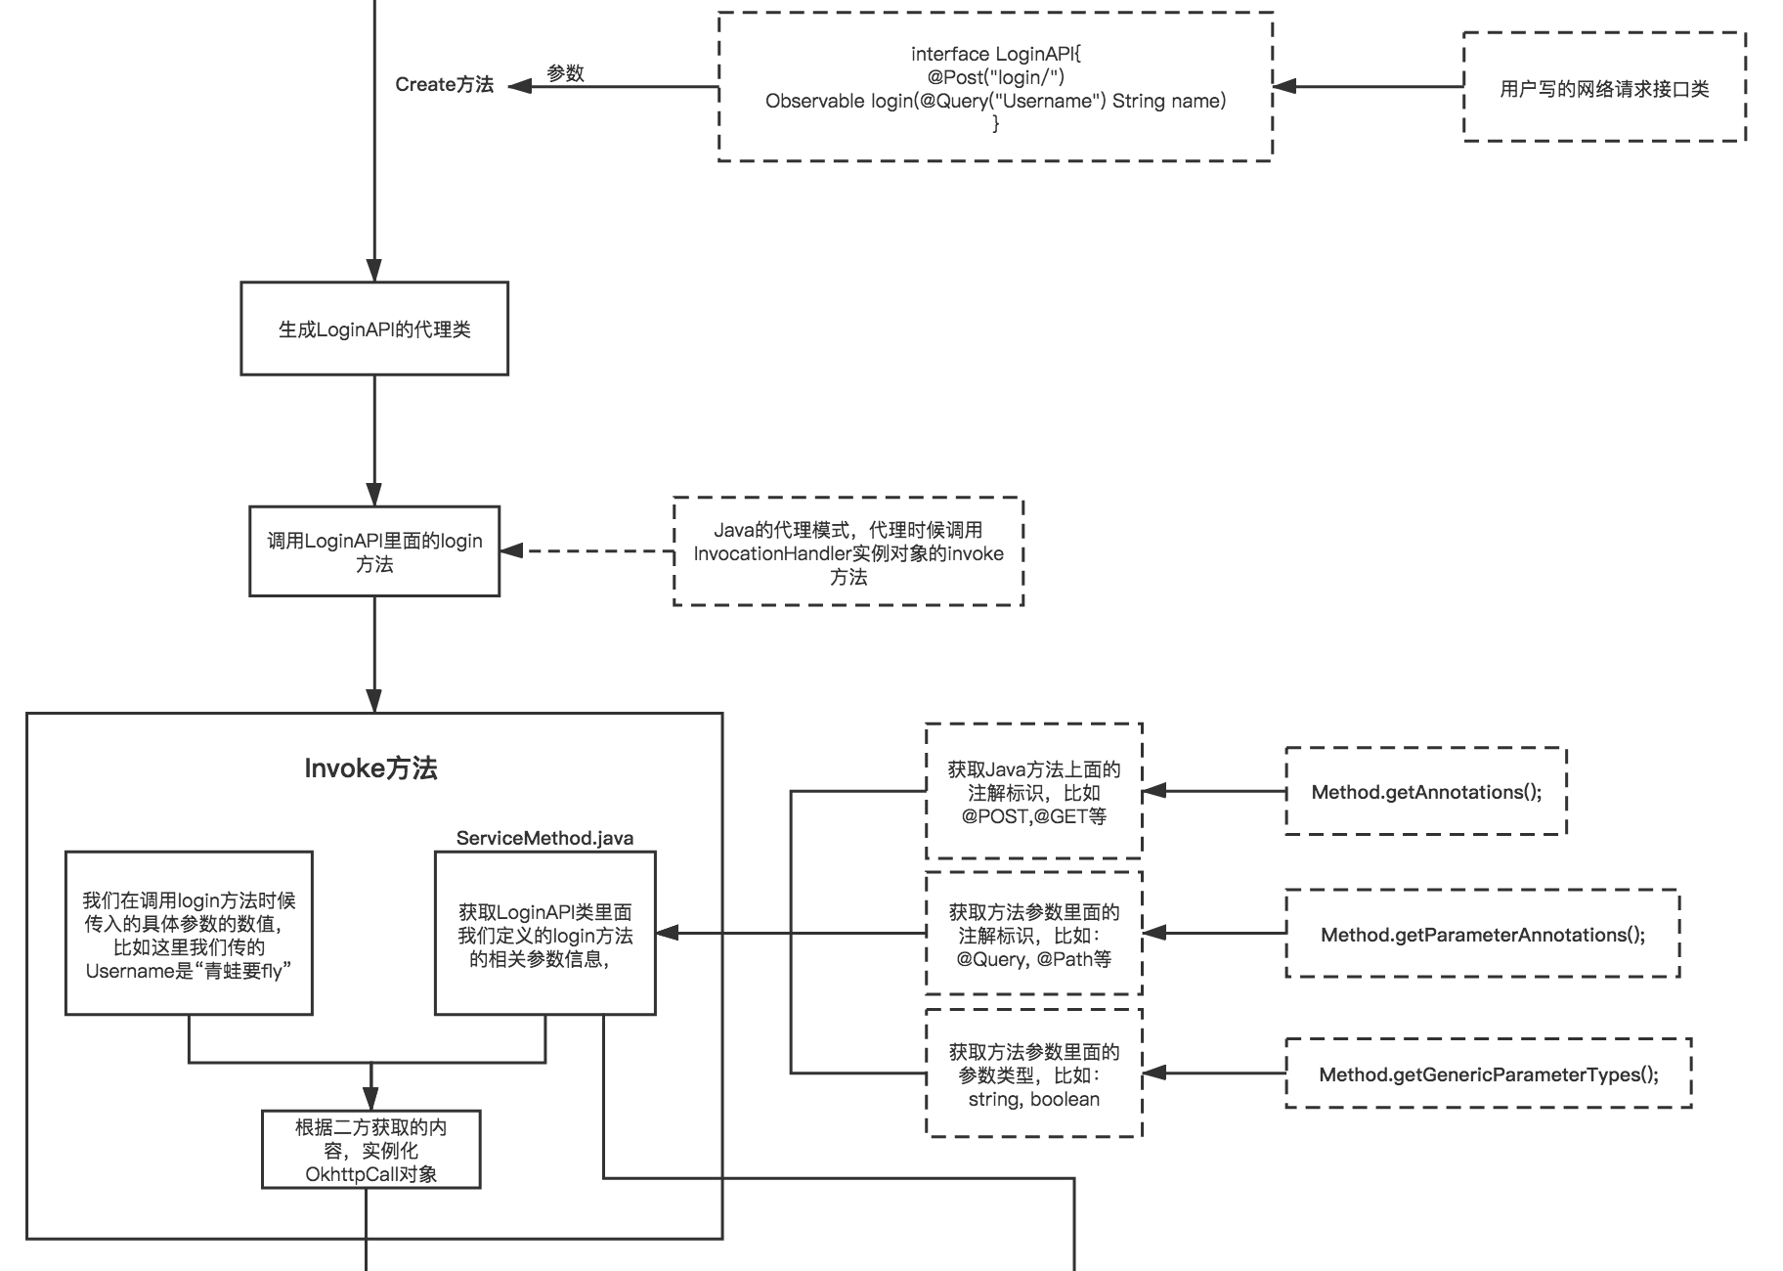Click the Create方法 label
pyautogui.click(x=444, y=85)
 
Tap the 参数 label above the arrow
pyautogui.click(x=565, y=73)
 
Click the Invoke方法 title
pyautogui.click(x=370, y=768)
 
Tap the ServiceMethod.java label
pyautogui.click(x=544, y=838)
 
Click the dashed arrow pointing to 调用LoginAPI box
pyautogui.click(x=587, y=551)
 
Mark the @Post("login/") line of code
pyautogui.click(x=996, y=77)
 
